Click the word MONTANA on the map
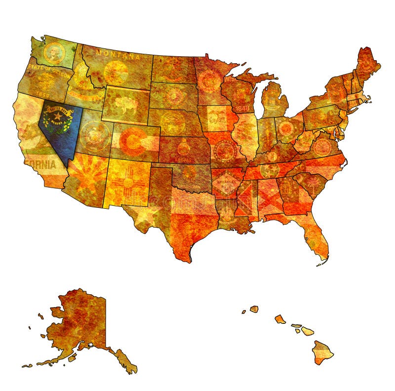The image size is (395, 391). click(118, 53)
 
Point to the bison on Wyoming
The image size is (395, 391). click(126, 103)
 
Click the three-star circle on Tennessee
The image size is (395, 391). click(270, 170)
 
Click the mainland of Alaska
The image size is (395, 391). click(81, 321)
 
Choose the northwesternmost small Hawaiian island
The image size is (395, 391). click(254, 309)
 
